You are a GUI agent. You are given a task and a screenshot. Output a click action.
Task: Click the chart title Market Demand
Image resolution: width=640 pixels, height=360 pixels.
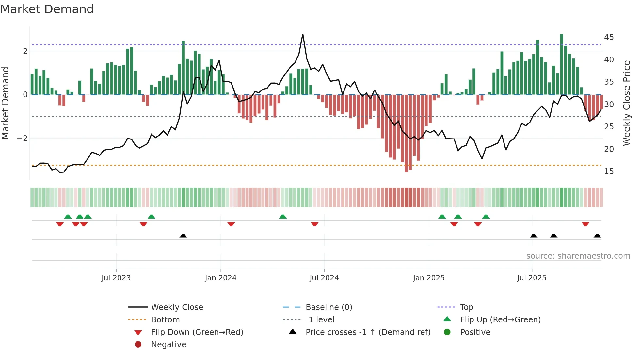(47, 9)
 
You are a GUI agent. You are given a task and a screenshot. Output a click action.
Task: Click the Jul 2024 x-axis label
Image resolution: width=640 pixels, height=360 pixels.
(324, 278)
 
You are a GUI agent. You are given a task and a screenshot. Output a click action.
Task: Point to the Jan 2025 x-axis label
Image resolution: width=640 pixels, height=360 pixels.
(428, 278)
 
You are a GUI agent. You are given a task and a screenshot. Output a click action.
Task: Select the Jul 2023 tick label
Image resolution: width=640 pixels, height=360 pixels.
(116, 278)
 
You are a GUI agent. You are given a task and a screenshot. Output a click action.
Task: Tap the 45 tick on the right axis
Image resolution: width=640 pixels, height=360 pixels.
(609, 37)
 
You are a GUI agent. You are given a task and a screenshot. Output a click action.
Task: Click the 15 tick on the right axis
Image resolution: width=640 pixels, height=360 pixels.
(609, 172)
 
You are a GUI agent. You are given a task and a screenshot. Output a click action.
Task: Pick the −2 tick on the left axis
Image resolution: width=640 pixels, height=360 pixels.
(22, 139)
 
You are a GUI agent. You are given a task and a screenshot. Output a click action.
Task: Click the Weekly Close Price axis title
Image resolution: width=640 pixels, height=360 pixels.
(626, 103)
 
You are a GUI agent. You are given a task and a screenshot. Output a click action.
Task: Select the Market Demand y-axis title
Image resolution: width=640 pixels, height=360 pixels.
(5, 103)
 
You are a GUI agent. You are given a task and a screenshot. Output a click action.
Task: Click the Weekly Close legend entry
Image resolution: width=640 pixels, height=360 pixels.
(177, 307)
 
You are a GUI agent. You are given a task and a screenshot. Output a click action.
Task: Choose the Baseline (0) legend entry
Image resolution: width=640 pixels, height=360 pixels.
(328, 307)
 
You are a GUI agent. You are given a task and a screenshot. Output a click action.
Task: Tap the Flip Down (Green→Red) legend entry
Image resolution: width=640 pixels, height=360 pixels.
(197, 332)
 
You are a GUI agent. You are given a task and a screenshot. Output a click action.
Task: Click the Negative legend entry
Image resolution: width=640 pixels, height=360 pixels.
(168, 345)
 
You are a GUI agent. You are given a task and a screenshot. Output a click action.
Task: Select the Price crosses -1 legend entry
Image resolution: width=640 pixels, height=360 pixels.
(368, 332)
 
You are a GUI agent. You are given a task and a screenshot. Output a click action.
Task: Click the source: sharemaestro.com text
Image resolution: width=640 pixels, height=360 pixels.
(578, 256)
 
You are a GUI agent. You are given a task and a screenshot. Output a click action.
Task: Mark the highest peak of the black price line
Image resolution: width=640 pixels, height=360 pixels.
(303, 34)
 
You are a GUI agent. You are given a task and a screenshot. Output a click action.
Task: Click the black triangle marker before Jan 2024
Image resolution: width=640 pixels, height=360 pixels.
(183, 236)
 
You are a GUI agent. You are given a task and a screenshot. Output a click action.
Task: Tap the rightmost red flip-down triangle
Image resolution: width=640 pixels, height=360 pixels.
(585, 224)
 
